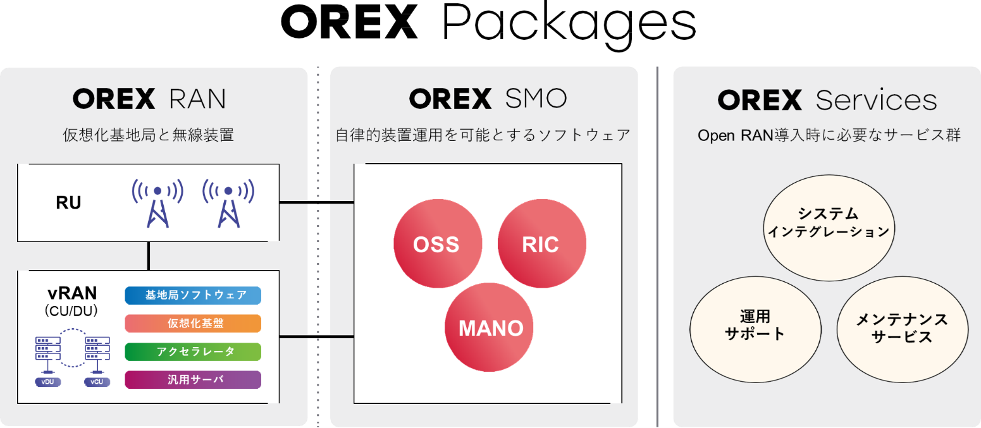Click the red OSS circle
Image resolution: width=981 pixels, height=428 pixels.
(437, 244)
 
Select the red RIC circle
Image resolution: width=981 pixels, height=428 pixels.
(541, 244)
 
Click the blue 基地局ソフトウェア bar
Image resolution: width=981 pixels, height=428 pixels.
(193, 295)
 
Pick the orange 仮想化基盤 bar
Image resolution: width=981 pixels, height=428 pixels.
(193, 324)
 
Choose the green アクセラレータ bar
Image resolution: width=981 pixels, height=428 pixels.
(193, 352)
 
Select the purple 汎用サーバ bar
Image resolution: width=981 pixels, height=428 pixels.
(193, 379)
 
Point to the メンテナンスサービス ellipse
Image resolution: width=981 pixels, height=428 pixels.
(902, 327)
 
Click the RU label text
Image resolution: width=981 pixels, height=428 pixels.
(68, 204)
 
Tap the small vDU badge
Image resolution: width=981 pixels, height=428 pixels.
(48, 382)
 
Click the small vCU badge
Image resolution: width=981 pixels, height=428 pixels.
(96, 382)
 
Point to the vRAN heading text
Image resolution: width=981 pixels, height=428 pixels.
(72, 293)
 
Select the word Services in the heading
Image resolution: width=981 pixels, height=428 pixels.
(876, 100)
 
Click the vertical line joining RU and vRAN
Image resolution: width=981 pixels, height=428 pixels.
(149, 255)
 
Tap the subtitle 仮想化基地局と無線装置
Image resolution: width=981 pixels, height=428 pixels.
(149, 135)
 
